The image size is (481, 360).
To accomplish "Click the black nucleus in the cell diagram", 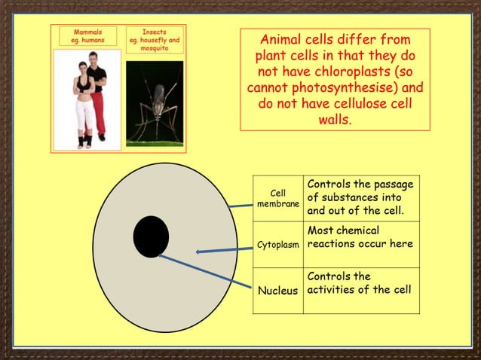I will pyautogui.click(x=151, y=236).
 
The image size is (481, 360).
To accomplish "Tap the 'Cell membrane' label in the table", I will pyautogui.click(x=278, y=200).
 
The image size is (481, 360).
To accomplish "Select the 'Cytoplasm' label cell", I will pyautogui.click(x=278, y=246).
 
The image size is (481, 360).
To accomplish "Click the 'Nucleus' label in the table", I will pyautogui.click(x=278, y=291).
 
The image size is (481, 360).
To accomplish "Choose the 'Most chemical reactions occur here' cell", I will pyautogui.click(x=360, y=237).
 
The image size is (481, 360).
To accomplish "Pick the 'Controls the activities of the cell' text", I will pyautogui.click(x=360, y=284).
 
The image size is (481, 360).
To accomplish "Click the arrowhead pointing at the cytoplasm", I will pyautogui.click(x=199, y=252).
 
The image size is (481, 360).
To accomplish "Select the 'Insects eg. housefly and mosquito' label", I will pyautogui.click(x=154, y=41).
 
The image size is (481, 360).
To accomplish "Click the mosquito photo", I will pyautogui.click(x=154, y=102).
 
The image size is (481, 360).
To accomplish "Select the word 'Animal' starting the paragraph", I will pyautogui.click(x=280, y=40).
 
